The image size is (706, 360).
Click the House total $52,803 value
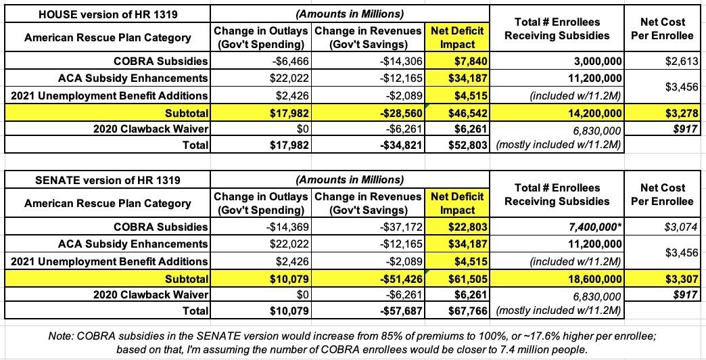pos(466,145)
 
